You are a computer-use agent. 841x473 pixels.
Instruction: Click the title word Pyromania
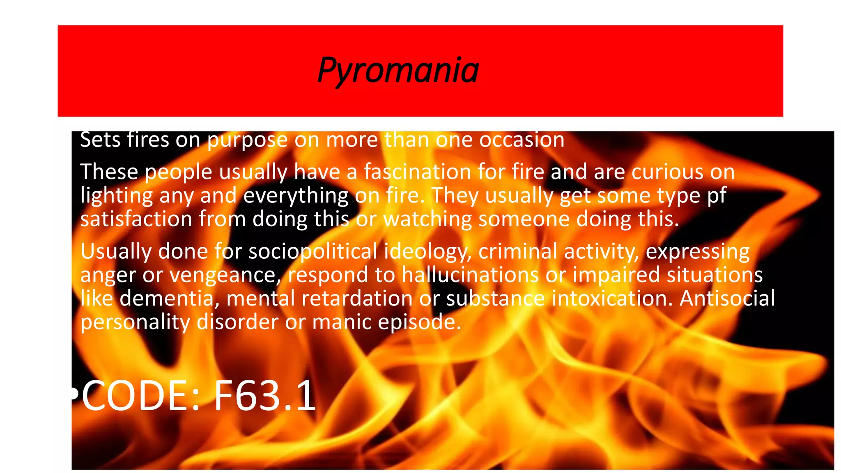[398, 70]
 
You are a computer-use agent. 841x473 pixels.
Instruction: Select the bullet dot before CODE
[74, 394]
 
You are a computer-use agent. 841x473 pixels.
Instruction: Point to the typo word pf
[717, 196]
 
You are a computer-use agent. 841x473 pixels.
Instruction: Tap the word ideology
[427, 252]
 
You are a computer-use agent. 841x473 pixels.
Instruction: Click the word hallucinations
[470, 275]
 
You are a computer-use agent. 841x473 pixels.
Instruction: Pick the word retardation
[357, 298]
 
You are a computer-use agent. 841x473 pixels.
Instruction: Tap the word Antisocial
[727, 298]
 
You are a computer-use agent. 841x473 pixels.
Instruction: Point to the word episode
[419, 322]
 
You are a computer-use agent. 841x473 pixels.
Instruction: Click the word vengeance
[224, 276]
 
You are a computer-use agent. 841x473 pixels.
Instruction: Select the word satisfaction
[136, 219]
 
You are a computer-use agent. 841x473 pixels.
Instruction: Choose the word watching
[427, 220]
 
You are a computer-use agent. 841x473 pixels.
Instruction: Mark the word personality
[135, 322]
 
